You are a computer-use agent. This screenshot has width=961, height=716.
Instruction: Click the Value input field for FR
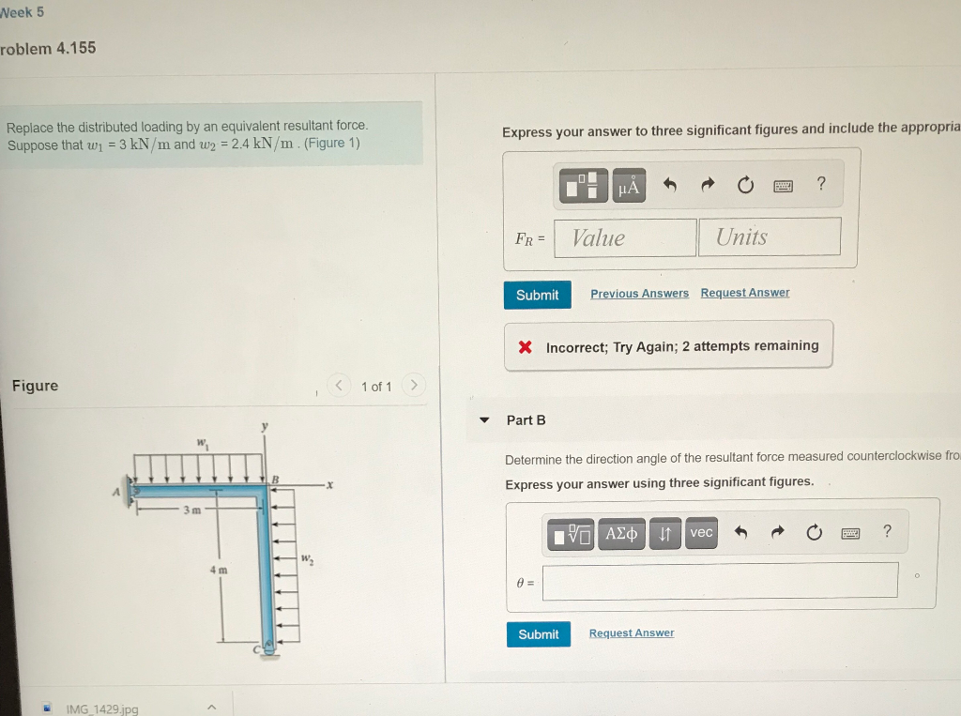click(625, 237)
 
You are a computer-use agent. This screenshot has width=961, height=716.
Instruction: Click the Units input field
click(769, 236)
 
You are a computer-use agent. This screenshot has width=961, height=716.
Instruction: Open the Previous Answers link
click(639, 294)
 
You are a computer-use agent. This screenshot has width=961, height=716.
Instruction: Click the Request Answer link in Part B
click(631, 633)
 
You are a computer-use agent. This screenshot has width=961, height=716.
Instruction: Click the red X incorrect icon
click(526, 347)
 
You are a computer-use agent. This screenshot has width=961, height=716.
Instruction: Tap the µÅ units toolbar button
click(630, 186)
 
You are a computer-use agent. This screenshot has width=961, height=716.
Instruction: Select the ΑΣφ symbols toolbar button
click(621, 533)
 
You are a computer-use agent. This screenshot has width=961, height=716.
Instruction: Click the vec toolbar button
click(701, 533)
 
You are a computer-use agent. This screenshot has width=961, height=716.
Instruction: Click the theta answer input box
click(719, 581)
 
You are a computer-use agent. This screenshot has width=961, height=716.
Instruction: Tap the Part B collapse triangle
click(484, 420)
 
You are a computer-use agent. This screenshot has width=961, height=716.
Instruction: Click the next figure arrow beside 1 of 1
click(414, 386)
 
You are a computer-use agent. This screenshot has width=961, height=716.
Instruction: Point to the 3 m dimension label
click(191, 510)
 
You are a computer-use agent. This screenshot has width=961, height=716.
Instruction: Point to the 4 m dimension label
click(218, 570)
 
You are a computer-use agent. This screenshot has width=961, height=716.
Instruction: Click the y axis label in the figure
click(265, 426)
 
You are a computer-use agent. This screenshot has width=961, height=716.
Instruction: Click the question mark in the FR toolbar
click(821, 185)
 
